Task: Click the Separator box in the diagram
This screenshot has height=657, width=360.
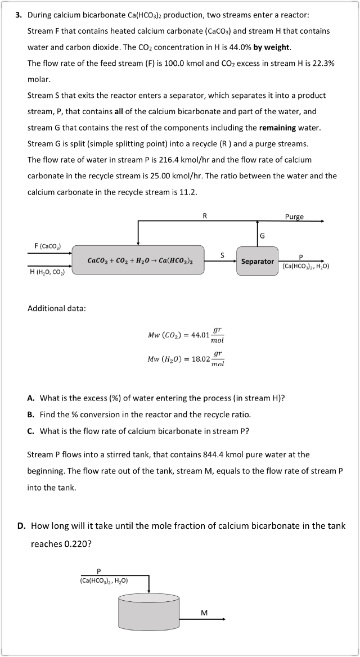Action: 257,261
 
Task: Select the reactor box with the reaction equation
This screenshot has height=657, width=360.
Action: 138,260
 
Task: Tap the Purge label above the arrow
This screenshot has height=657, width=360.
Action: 294,216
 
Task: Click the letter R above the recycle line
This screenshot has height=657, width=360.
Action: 204,215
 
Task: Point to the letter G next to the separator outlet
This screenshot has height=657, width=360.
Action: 262,235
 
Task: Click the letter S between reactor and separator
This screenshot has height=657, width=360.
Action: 222,255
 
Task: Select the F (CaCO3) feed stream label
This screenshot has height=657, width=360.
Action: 48,246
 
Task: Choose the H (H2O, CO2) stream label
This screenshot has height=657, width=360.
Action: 47,272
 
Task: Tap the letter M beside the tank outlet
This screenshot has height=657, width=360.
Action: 204,613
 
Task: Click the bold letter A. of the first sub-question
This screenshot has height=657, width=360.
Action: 31,398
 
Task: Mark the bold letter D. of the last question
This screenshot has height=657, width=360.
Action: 21,526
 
